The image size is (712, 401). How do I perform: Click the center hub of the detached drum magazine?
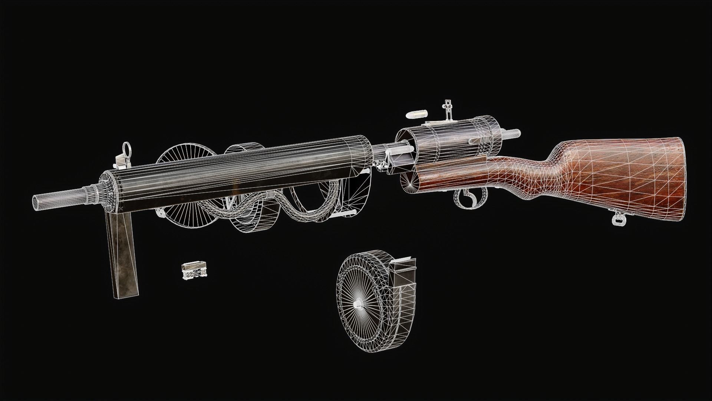(x=359, y=304)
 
